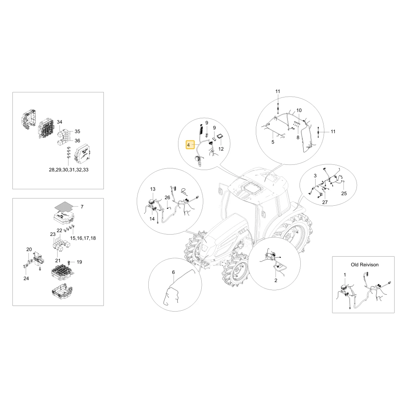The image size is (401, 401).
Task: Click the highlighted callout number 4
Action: [x=188, y=145]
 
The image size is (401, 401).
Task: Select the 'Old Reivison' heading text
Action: [x=365, y=265]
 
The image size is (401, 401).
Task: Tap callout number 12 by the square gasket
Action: [x=221, y=149]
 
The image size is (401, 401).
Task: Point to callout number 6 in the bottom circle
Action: [x=173, y=272]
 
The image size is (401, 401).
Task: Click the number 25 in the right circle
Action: [x=344, y=194]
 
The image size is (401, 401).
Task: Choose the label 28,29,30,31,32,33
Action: [x=69, y=170]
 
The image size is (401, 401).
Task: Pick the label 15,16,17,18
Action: [x=83, y=238]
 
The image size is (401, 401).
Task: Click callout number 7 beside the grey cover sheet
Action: [x=82, y=207]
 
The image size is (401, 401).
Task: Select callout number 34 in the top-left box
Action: [x=60, y=122]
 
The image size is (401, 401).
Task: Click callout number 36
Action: [x=77, y=141]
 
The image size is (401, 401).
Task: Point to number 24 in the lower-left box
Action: [x=26, y=278]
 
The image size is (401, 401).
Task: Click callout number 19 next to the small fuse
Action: [x=79, y=262]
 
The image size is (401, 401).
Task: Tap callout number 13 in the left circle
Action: [x=153, y=189]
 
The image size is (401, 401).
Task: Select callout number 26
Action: [x=167, y=197]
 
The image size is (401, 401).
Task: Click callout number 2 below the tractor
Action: [x=276, y=280]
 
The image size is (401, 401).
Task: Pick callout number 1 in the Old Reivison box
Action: [x=345, y=275]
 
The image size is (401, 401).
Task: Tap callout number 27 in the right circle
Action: [x=325, y=202]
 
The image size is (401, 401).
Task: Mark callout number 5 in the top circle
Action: [x=273, y=142]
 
